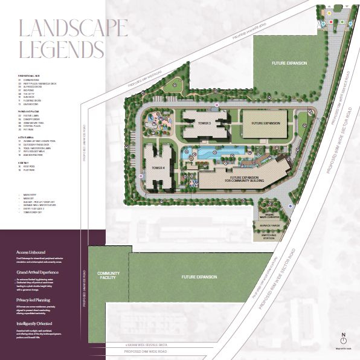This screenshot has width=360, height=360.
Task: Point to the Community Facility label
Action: pos(109,275)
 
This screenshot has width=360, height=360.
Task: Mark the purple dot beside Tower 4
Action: pos(141,176)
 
